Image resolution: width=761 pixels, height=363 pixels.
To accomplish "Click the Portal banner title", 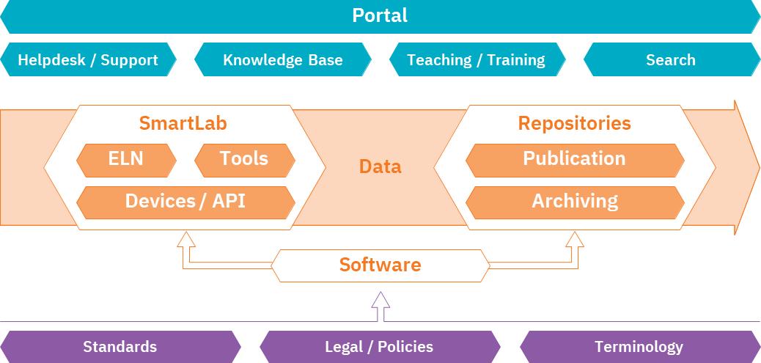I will pos(380,15).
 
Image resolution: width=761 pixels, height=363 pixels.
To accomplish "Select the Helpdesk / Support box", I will pos(88,60).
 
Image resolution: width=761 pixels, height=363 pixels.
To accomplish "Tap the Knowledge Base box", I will pos(283,60).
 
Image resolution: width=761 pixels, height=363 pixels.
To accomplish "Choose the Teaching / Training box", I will pos(477,60).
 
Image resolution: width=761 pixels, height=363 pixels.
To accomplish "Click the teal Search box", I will pos(671,60).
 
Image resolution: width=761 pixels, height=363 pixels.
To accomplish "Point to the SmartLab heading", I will pos(183,123).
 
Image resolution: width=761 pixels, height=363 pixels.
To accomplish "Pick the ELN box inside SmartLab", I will pos(126,159).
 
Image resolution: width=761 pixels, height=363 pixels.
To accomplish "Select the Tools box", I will pos(244,159).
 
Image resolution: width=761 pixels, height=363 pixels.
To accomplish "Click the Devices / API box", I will pos(185,202).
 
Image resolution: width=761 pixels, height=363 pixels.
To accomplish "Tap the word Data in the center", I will pos(380,166).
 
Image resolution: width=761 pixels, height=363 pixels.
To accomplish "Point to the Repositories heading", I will pos(574,123).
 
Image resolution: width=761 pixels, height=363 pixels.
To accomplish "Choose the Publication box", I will pos(574,159).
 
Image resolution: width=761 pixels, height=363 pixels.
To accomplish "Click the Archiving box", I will pos(574,202).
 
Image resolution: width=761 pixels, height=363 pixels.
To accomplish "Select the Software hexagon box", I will pos(380,265).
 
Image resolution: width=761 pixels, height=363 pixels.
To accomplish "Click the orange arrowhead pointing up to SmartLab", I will pos(186,238).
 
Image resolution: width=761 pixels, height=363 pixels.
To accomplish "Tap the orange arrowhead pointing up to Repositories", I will pos(575,238).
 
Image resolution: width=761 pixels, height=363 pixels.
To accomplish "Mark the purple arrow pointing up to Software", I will pos(380,301).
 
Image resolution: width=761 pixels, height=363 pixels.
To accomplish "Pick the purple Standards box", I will pos(120,347).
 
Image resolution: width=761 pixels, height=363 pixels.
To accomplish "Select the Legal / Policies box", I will pos(379,347).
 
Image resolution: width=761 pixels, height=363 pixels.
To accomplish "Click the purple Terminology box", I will pos(639,347).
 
